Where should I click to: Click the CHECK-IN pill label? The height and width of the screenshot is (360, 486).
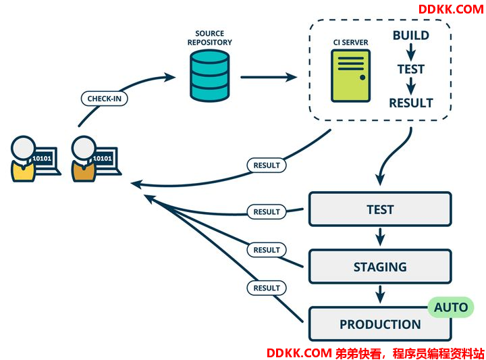(104, 99)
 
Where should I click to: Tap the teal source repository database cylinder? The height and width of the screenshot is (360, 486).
(209, 76)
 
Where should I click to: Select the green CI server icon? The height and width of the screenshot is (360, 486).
(350, 76)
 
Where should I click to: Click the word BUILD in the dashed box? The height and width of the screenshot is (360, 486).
(410, 35)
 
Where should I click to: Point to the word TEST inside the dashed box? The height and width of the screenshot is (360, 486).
(410, 69)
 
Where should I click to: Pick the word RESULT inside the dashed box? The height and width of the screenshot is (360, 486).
(410, 103)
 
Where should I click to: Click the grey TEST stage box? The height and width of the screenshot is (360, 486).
(380, 209)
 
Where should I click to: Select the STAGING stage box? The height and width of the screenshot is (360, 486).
(380, 266)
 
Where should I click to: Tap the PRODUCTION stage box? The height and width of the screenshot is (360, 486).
(380, 324)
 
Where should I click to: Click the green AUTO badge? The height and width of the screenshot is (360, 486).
(451, 307)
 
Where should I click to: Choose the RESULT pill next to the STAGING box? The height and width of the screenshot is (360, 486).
(267, 250)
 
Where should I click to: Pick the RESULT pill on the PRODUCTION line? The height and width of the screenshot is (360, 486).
(267, 288)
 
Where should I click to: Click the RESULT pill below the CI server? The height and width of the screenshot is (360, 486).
(267, 165)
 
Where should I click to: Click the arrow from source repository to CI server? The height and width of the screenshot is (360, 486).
(269, 77)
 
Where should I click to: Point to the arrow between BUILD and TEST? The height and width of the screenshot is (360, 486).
(411, 52)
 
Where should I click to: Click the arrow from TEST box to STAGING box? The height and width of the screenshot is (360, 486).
(380, 237)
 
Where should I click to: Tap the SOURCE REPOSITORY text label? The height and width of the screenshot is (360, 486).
(209, 38)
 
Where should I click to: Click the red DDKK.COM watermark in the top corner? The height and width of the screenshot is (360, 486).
(451, 9)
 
